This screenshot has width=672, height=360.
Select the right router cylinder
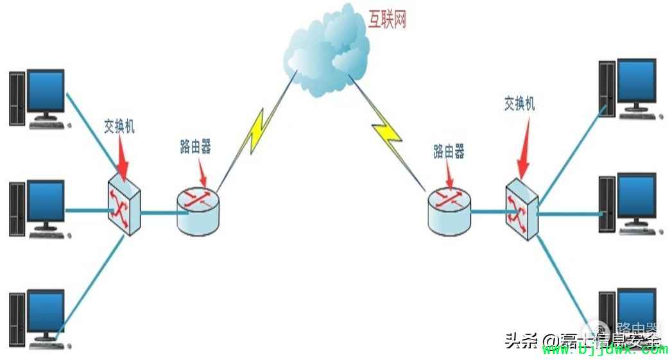pos(449,210)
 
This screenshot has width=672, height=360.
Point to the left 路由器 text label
pos(195,147)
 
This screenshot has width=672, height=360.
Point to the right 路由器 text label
pos(449,152)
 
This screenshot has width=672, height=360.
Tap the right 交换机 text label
pos(519,104)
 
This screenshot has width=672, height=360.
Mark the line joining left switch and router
pos(158,212)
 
